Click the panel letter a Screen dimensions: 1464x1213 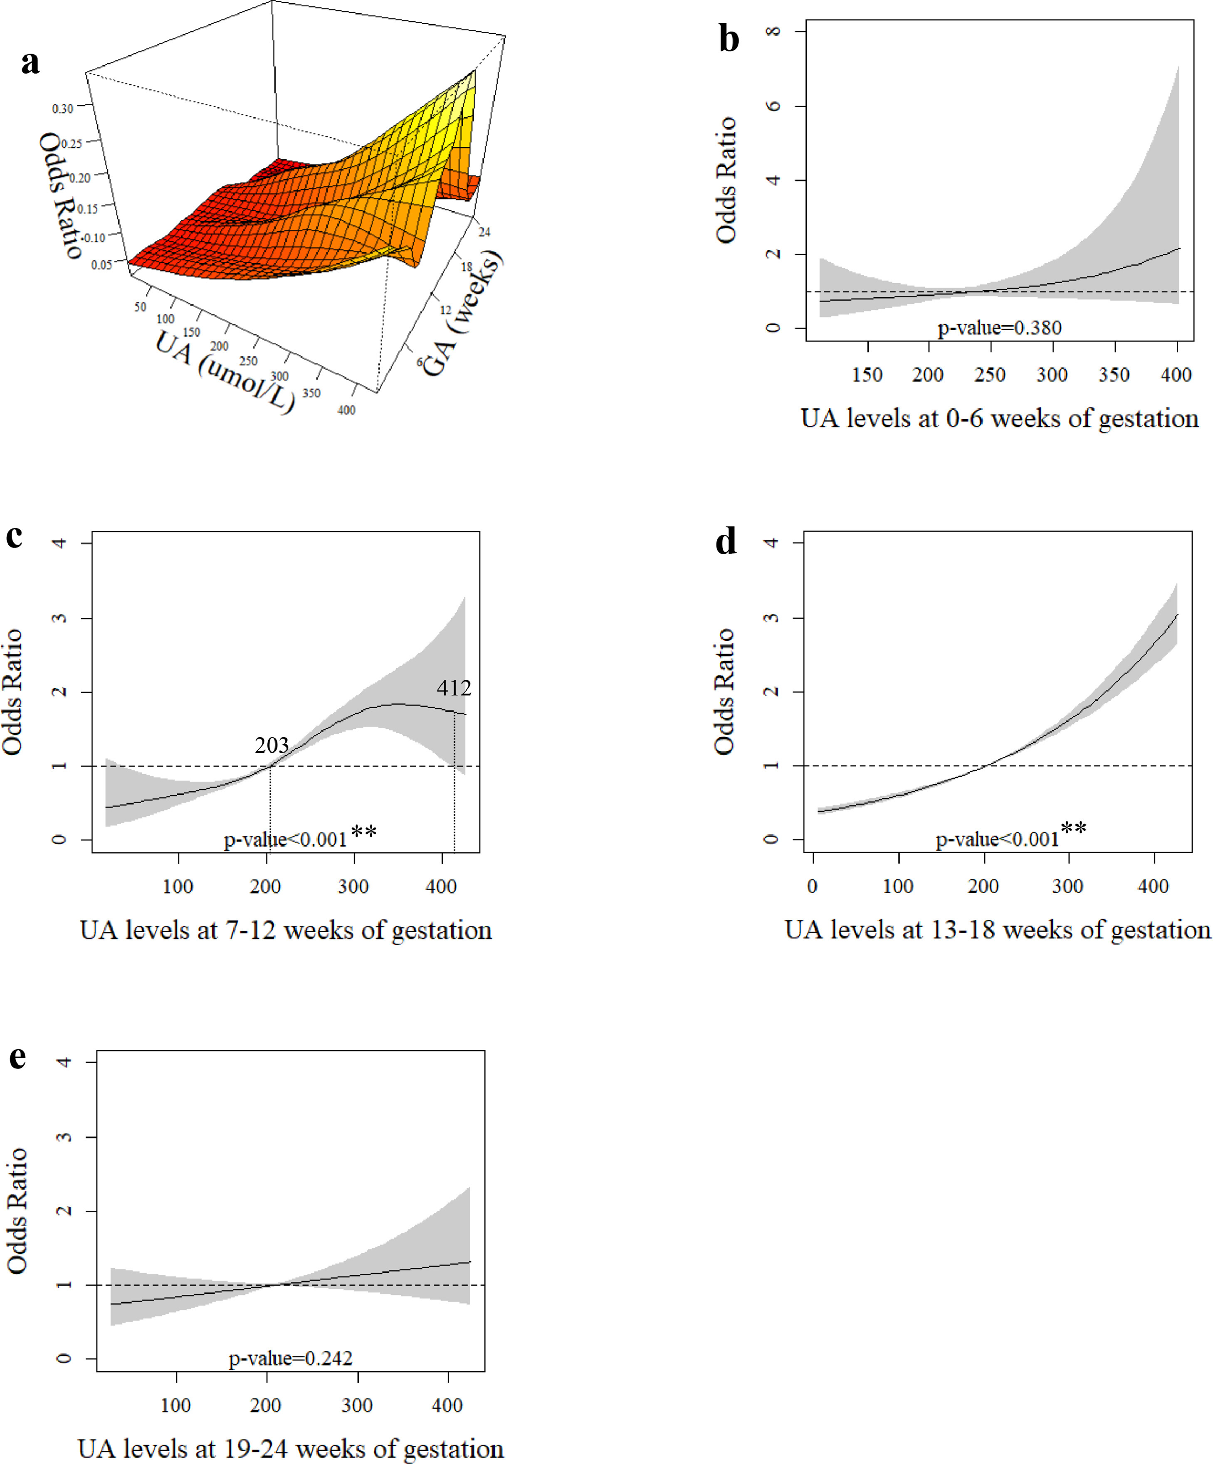tap(30, 63)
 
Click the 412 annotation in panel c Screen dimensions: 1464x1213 tap(454, 688)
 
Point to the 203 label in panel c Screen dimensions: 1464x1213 tap(271, 745)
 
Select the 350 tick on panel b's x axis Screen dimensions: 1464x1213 tap(1114, 375)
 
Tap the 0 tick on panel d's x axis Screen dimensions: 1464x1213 tap(812, 887)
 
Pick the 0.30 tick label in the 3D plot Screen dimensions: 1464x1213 tap(62, 109)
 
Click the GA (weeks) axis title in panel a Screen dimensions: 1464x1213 tap(462, 315)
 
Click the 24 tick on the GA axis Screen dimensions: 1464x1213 tap(484, 232)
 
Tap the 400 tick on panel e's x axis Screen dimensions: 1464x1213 tap(447, 1405)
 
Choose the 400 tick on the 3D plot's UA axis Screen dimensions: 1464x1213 tap(346, 410)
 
